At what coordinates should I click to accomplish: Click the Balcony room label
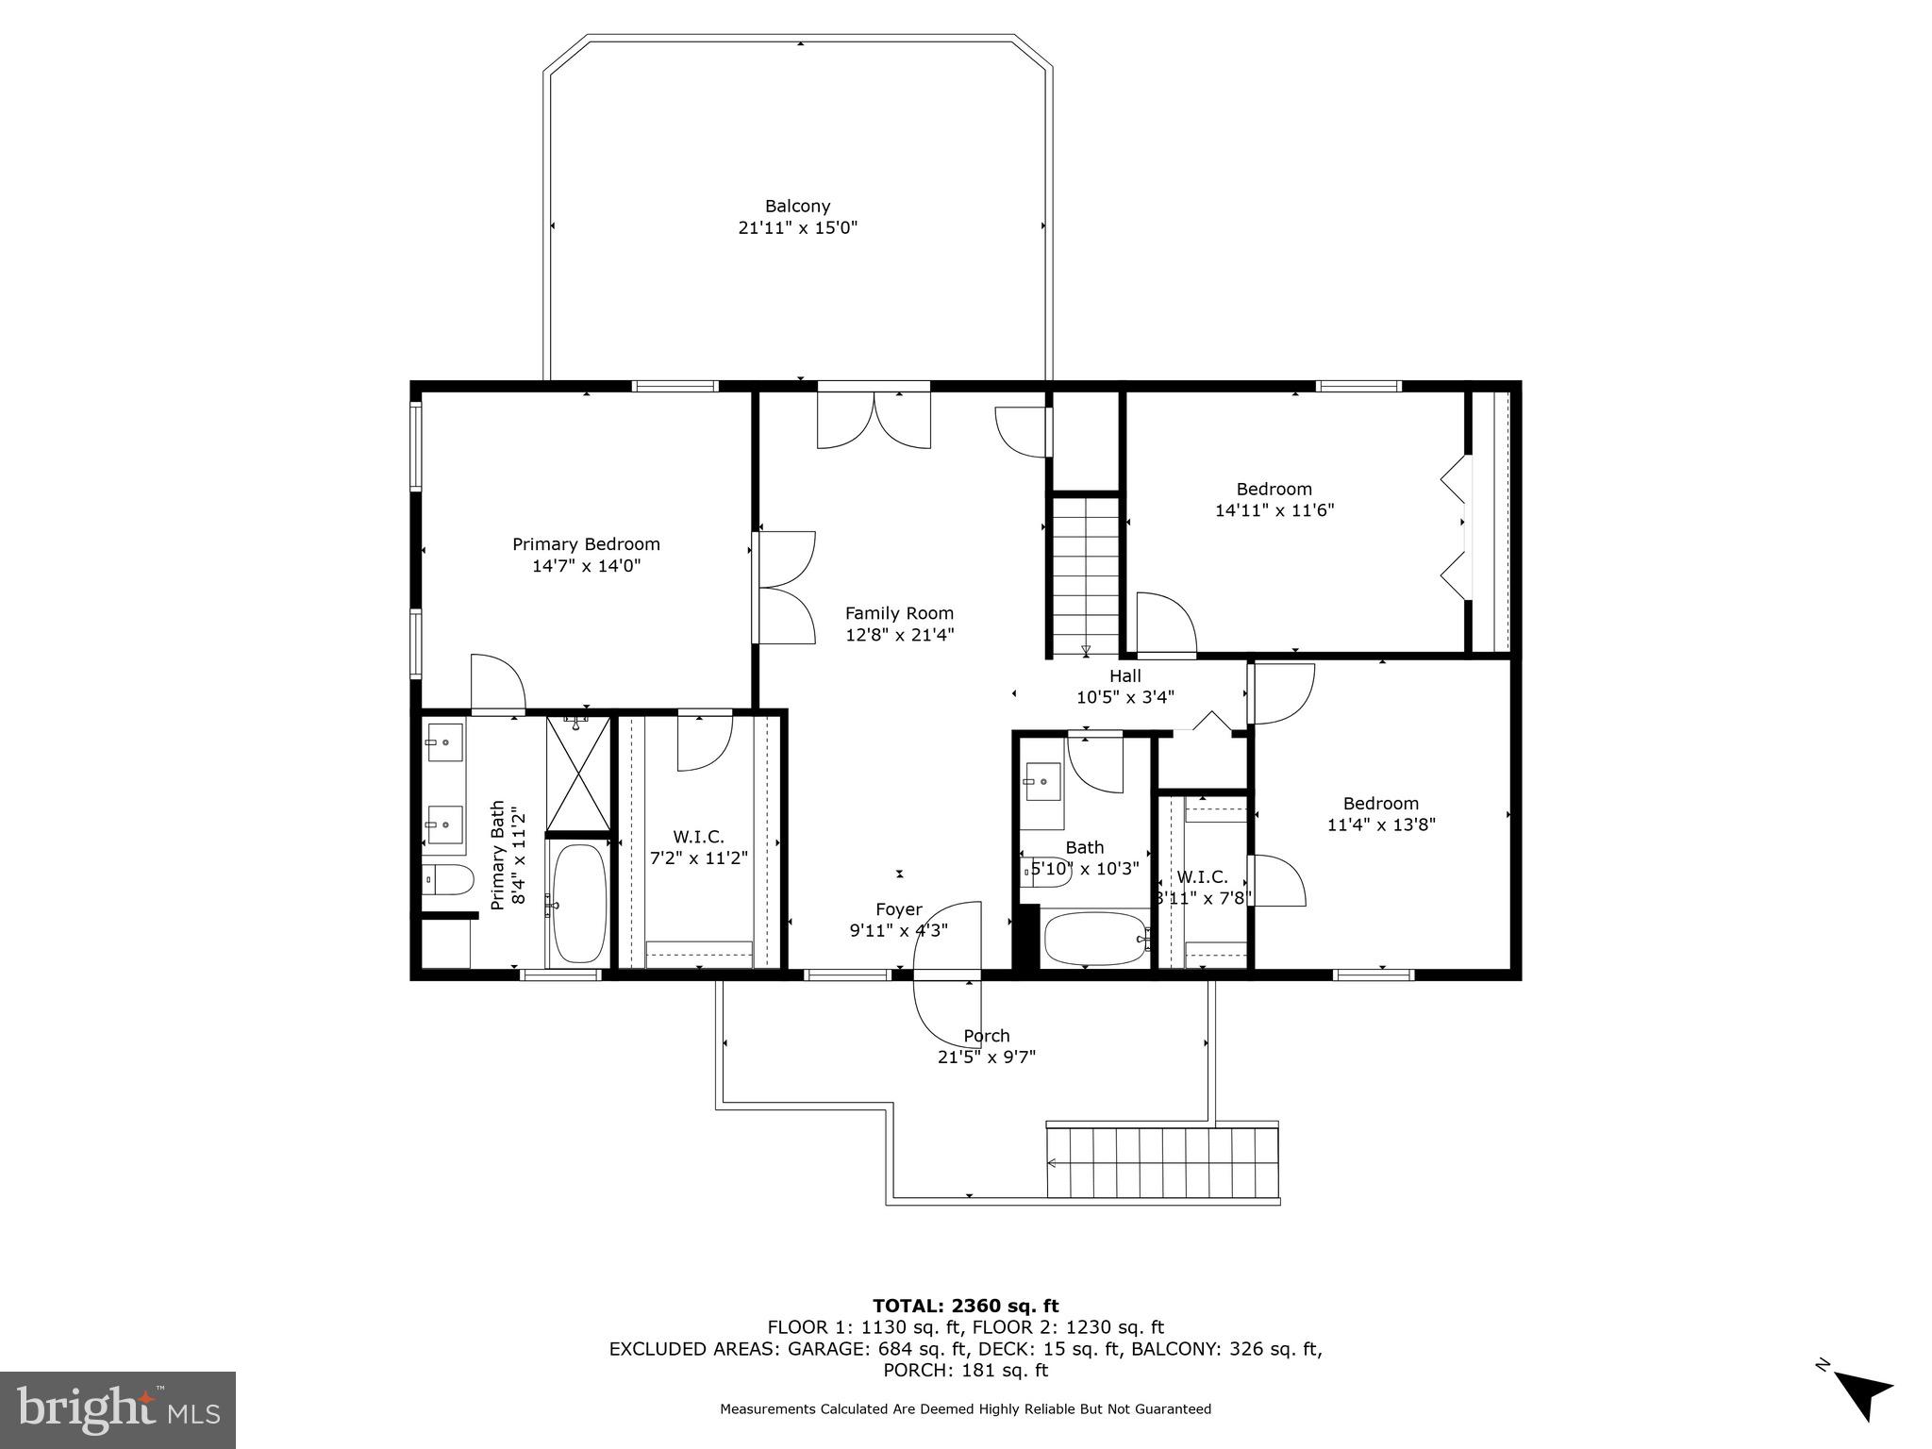[797, 206]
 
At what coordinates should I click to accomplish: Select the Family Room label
[899, 613]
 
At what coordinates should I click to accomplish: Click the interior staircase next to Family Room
[1085, 575]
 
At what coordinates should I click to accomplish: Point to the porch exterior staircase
[1162, 1162]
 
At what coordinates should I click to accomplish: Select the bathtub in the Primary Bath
[578, 904]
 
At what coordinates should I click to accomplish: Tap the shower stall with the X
[578, 774]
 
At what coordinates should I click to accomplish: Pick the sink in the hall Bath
[1041, 781]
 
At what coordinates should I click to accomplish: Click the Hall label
[1124, 675]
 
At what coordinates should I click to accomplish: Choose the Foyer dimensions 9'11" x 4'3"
[898, 930]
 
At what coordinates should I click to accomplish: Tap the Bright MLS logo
[118, 1409]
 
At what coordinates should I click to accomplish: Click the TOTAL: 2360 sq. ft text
[965, 1306]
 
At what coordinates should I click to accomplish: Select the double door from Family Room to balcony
[874, 420]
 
